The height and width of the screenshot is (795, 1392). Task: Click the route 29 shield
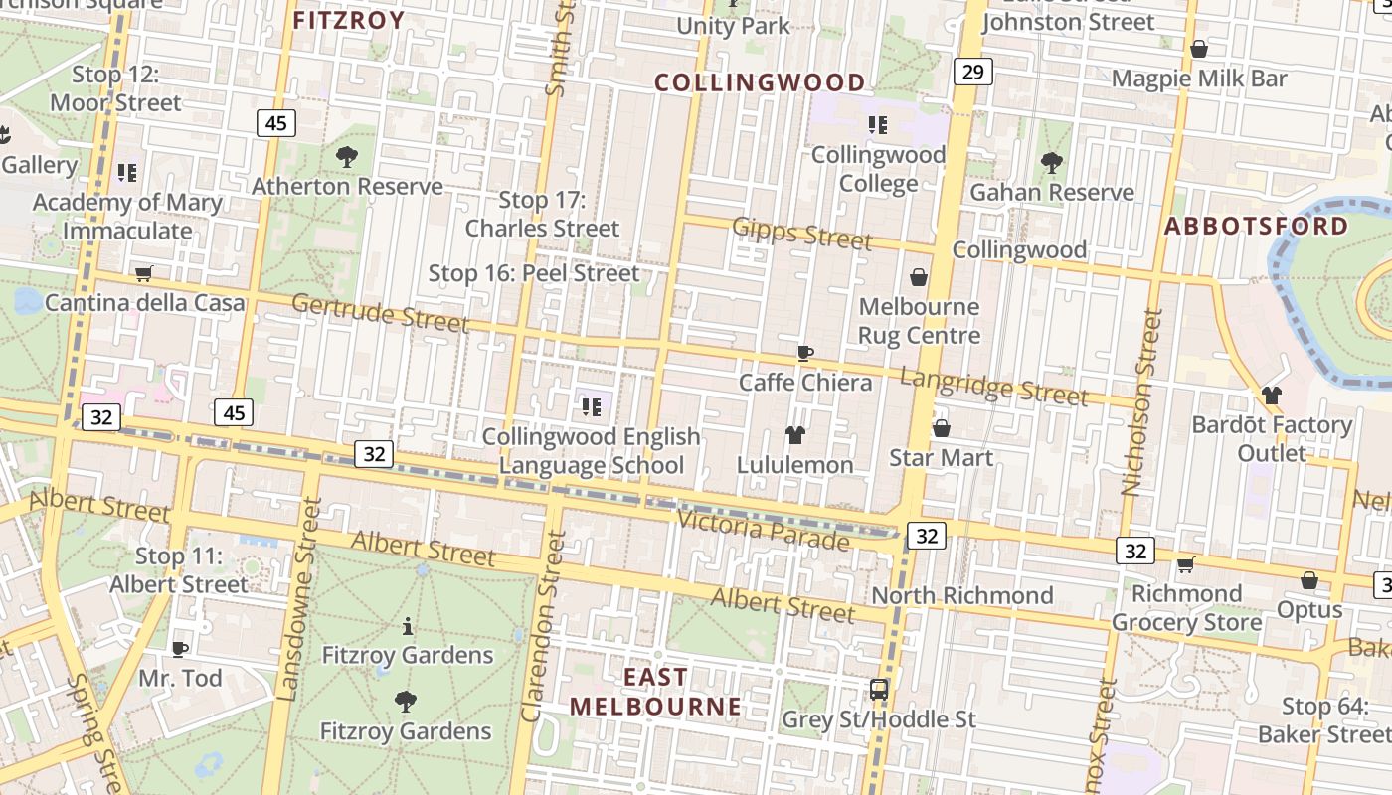pyautogui.click(x=972, y=72)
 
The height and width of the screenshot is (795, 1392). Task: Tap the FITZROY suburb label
pyautogui.click(x=349, y=20)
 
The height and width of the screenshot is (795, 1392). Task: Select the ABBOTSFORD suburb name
pyautogui.click(x=1257, y=226)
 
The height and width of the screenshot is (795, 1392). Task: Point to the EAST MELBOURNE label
pyautogui.click(x=655, y=692)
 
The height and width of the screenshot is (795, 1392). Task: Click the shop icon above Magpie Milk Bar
pyautogui.click(x=1199, y=49)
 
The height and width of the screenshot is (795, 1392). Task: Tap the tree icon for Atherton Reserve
pyautogui.click(x=347, y=156)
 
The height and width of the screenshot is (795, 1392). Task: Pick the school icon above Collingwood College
pyautogui.click(x=877, y=125)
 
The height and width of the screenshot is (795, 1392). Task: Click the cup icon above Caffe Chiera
pyautogui.click(x=805, y=353)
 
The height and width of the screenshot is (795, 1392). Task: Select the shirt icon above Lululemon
pyautogui.click(x=794, y=434)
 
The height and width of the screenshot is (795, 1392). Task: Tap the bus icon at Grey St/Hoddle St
pyautogui.click(x=879, y=689)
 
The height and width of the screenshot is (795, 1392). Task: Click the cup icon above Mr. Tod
pyautogui.click(x=180, y=649)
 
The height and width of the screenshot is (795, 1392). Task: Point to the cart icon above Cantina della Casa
pyautogui.click(x=144, y=273)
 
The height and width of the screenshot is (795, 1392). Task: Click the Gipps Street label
pyautogui.click(x=801, y=234)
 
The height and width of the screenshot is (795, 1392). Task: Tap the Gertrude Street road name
pyautogui.click(x=380, y=313)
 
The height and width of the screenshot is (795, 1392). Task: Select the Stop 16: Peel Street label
pyautogui.click(x=534, y=273)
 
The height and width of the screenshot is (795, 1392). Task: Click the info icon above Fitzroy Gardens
pyautogui.click(x=407, y=626)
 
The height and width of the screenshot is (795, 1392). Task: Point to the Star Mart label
pyautogui.click(x=941, y=457)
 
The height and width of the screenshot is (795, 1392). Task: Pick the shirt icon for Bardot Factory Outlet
pyautogui.click(x=1271, y=396)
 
